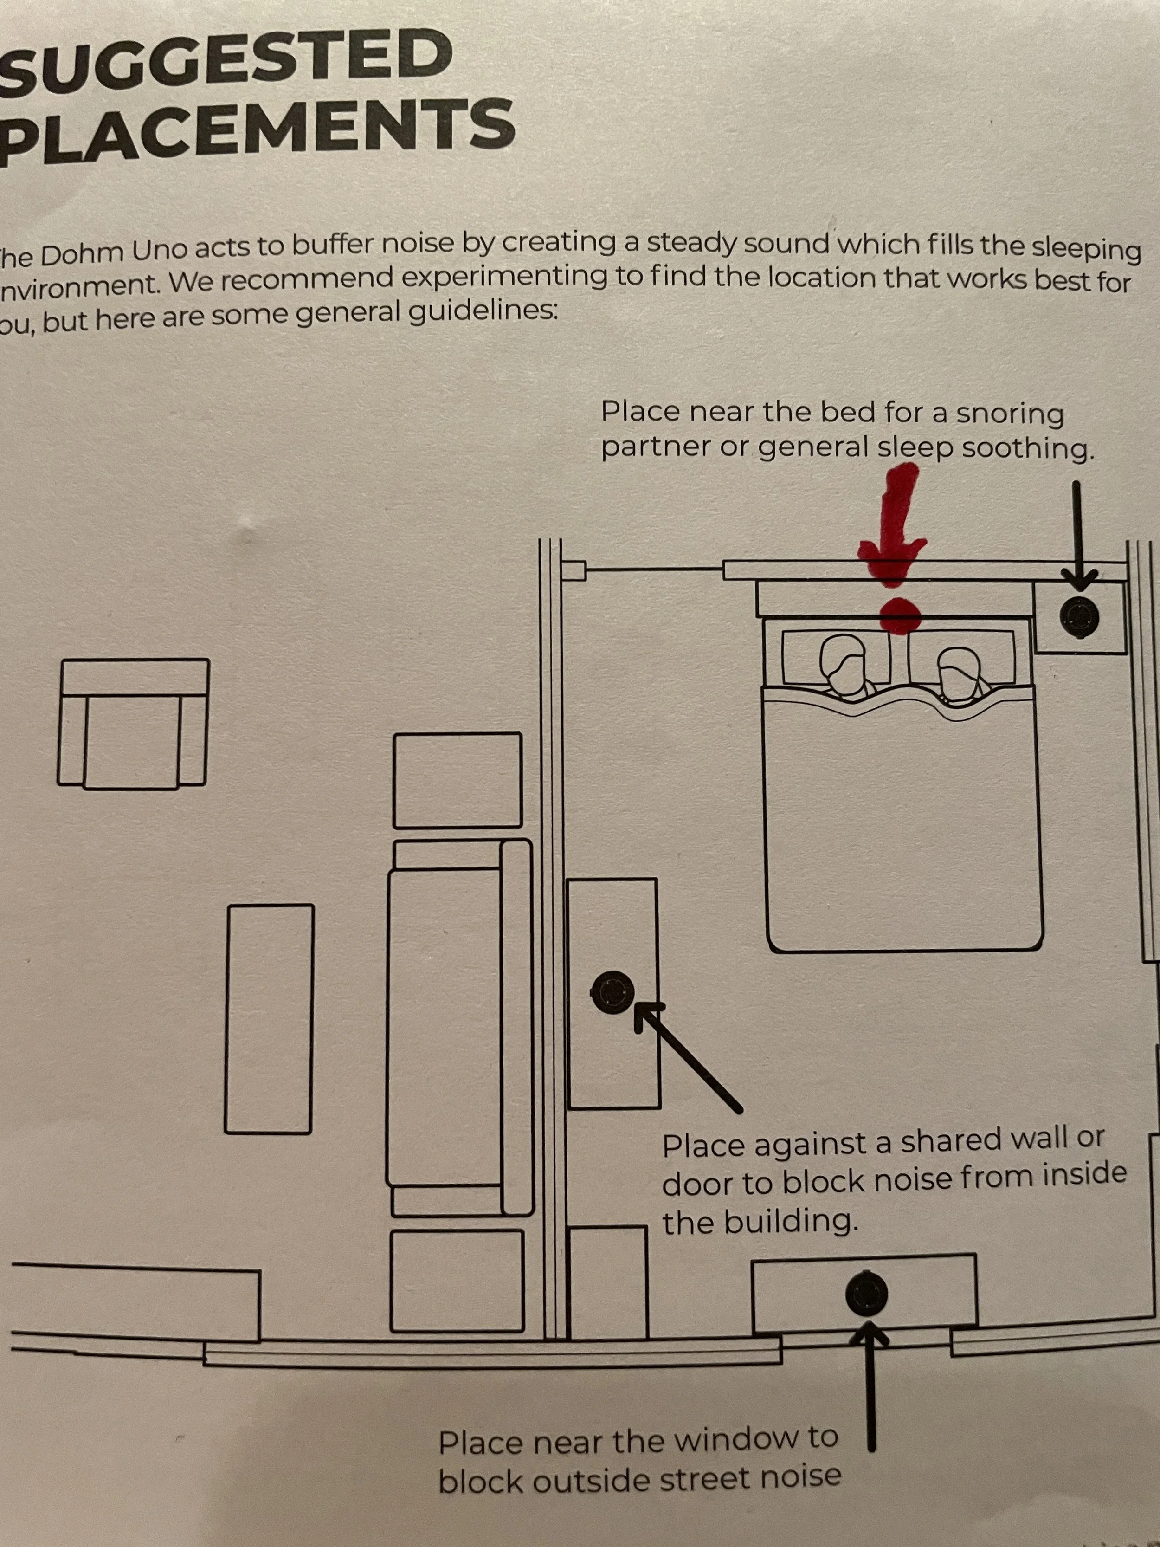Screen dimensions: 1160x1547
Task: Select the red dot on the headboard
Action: [x=899, y=615]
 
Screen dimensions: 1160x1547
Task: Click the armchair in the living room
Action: [x=133, y=724]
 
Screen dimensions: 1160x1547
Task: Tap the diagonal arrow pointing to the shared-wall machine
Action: [x=689, y=1056]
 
